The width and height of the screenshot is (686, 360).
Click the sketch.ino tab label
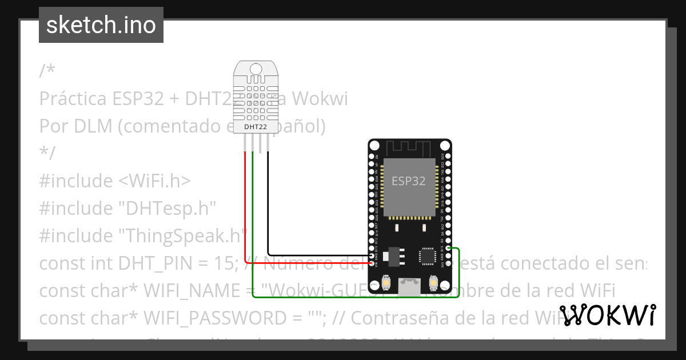[101, 25]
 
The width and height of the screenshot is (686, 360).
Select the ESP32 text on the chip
[409, 181]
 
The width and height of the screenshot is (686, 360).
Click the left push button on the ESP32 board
[387, 282]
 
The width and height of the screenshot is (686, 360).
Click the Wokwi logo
[607, 315]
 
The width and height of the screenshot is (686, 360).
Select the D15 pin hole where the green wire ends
[448, 249]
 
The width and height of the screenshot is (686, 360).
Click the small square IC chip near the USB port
[428, 256]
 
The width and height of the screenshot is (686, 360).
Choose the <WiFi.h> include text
[154, 181]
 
